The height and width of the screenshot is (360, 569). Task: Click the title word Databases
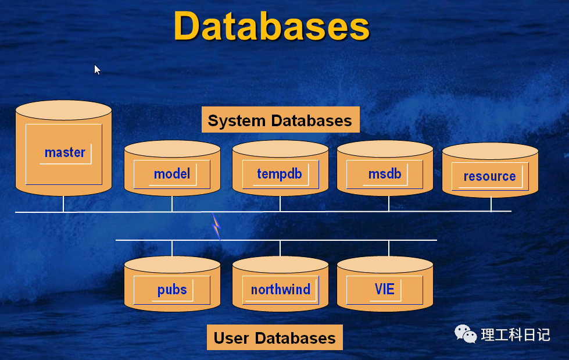(271, 26)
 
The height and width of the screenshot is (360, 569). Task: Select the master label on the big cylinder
(65, 152)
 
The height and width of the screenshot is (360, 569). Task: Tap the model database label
(171, 173)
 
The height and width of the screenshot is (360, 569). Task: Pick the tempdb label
(280, 173)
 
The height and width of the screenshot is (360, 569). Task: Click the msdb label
(385, 173)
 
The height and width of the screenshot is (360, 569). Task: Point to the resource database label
(489, 176)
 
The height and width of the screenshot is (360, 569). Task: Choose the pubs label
(172, 289)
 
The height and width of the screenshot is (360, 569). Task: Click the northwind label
(281, 289)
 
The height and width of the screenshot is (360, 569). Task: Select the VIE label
(385, 288)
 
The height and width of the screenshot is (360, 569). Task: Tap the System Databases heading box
(280, 120)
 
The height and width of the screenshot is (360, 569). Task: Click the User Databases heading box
(274, 338)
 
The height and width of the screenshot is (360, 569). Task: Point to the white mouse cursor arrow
(97, 69)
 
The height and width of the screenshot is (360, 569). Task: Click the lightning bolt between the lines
(216, 226)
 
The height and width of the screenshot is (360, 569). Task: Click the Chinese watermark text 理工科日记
(515, 335)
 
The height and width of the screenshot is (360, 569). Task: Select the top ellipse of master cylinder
(63, 110)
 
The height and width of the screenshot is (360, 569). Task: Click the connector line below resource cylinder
(491, 204)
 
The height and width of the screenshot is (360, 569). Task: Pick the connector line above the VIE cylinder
(389, 248)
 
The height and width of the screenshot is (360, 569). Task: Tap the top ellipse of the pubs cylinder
(172, 265)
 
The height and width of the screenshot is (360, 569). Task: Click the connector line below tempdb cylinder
(280, 204)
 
